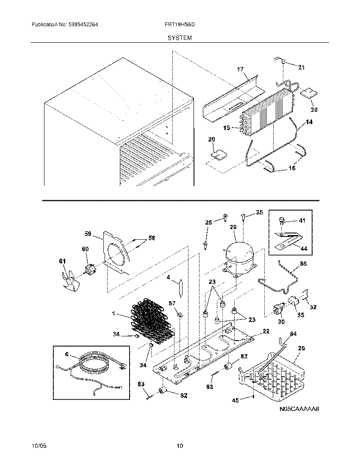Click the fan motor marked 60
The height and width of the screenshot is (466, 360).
point(89,268)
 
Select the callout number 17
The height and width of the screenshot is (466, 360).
point(241,69)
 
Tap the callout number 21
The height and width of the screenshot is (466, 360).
point(301,67)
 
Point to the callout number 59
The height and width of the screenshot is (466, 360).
point(88,233)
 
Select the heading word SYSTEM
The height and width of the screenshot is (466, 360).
point(180,38)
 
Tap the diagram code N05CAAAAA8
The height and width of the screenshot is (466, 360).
point(299,409)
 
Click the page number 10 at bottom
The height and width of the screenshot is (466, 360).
point(180,446)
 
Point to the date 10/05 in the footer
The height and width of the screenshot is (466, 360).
point(38,446)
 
